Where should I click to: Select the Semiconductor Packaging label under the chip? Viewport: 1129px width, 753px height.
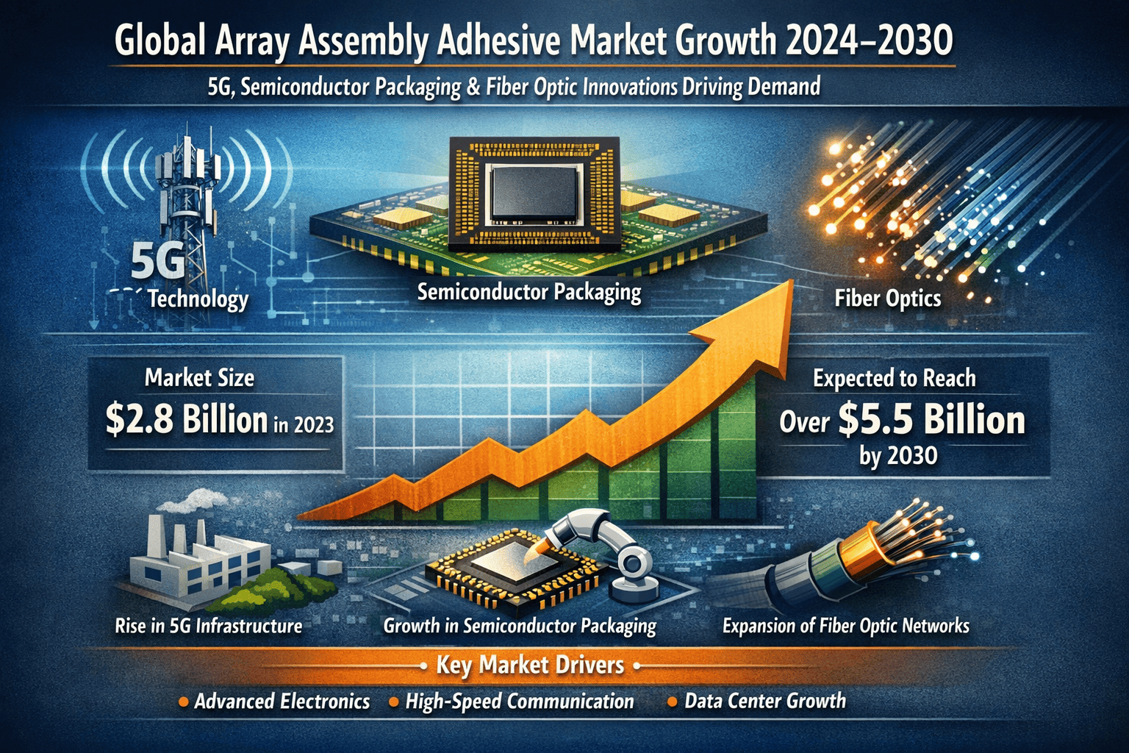click(x=529, y=293)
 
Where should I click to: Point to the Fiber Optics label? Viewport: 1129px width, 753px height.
click(x=888, y=299)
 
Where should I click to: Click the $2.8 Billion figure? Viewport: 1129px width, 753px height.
click(x=187, y=420)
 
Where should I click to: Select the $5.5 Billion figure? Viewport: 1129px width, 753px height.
click(x=931, y=420)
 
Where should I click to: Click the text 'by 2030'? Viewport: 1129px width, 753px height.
click(x=898, y=456)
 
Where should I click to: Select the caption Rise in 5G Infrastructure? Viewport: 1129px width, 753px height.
click(x=209, y=627)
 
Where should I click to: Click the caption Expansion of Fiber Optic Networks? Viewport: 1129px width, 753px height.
click(x=846, y=627)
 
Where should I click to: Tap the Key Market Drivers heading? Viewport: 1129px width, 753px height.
click(x=529, y=665)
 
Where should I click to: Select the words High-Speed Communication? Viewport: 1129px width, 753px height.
click(x=520, y=702)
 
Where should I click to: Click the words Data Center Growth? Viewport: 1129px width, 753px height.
click(x=765, y=701)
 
